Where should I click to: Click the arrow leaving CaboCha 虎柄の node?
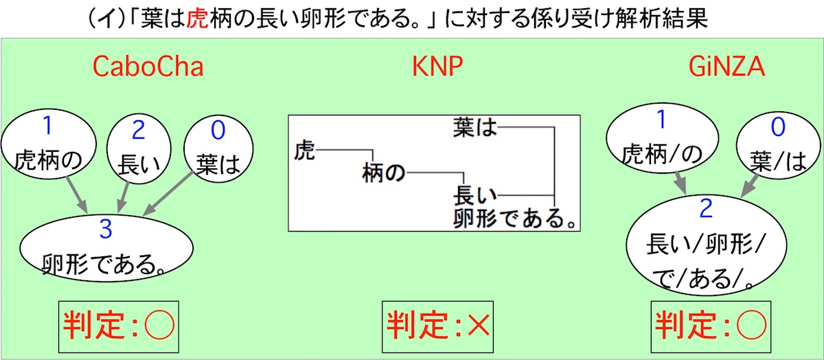tap(76, 193)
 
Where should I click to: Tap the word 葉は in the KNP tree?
tap(474, 127)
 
